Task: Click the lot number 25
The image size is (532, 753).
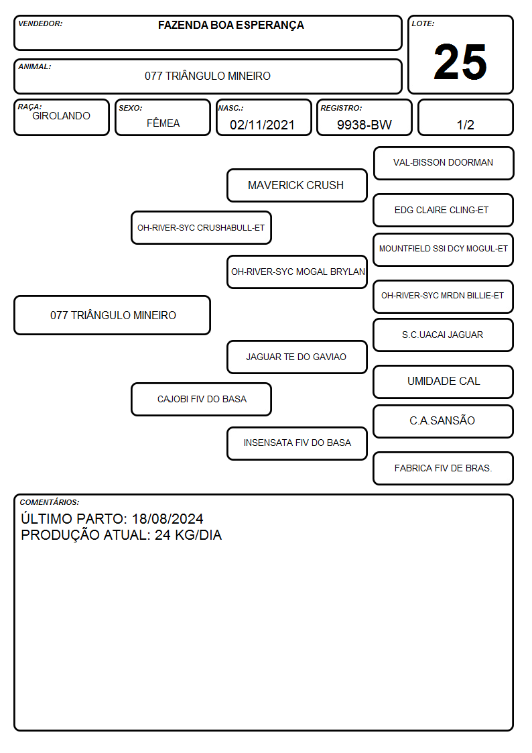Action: click(x=460, y=62)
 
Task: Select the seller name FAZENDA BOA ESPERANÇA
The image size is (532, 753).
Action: click(x=230, y=25)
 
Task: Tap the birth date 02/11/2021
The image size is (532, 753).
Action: click(x=262, y=125)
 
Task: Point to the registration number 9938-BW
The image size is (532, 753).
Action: click(x=364, y=125)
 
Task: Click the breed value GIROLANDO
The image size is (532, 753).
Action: click(x=61, y=116)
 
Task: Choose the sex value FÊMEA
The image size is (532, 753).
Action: click(x=163, y=123)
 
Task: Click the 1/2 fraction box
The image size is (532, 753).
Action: click(x=465, y=117)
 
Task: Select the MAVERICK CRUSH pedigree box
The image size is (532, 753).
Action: click(x=297, y=185)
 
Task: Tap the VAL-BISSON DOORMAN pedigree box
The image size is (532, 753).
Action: click(x=444, y=164)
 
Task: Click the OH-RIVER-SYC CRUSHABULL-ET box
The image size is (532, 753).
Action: click(x=201, y=227)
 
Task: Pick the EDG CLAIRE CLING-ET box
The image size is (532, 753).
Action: click(x=443, y=211)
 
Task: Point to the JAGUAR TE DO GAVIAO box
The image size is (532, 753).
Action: click(x=297, y=357)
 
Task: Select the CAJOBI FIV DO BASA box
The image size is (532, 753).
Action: click(x=201, y=399)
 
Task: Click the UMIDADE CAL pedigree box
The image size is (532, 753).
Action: click(x=443, y=382)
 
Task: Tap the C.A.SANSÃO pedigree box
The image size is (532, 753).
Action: click(x=443, y=421)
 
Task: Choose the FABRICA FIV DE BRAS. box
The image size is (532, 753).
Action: click(x=443, y=468)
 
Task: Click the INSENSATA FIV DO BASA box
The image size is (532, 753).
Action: click(x=297, y=443)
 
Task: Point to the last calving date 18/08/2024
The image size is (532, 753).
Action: click(x=168, y=518)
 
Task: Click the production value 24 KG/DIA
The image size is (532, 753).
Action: click(x=188, y=535)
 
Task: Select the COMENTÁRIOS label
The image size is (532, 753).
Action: click(x=50, y=502)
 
